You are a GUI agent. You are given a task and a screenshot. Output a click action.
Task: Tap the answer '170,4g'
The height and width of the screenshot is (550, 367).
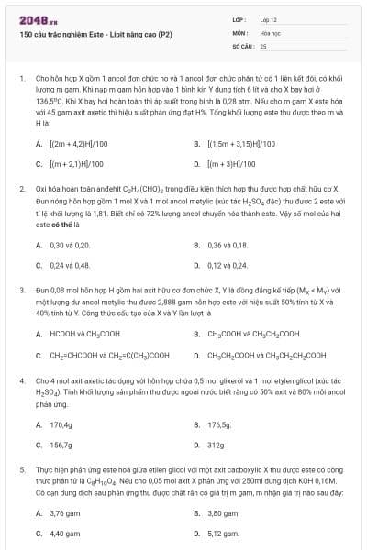61,424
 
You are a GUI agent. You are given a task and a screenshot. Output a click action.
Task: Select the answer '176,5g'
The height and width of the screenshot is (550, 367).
219,424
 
